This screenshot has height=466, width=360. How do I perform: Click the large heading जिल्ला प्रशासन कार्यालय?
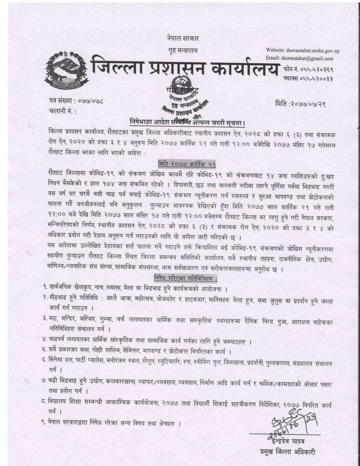tap(184, 68)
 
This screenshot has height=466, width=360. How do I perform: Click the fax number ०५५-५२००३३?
tap(314, 79)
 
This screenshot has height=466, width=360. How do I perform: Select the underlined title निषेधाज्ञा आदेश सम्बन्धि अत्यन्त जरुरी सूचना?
tap(186, 122)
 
